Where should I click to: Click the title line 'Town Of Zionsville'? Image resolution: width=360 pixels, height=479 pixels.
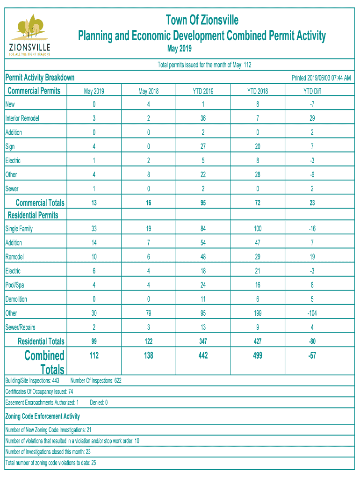pyautogui.click(x=202, y=20)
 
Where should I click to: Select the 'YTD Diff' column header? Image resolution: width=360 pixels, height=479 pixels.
pyautogui.click(x=312, y=91)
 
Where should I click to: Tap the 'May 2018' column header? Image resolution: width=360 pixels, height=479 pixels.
pyautogui.click(x=149, y=91)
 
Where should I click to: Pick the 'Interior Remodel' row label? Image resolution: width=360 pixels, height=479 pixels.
pyautogui.click(x=22, y=118)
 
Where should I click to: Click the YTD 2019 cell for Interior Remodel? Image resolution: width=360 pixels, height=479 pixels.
pyautogui.click(x=203, y=118)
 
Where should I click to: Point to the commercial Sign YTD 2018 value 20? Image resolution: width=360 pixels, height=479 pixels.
pyautogui.click(x=257, y=146)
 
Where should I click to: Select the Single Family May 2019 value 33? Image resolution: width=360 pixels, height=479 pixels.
pyautogui.click(x=94, y=229)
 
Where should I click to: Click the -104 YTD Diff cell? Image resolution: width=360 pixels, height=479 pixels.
pyautogui.click(x=312, y=313)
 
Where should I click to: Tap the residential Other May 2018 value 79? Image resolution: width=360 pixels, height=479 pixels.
pyautogui.click(x=149, y=313)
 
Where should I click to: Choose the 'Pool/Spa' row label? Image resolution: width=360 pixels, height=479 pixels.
pyautogui.click(x=15, y=285)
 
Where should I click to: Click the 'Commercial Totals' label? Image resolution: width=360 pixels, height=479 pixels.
pyautogui.click(x=40, y=203)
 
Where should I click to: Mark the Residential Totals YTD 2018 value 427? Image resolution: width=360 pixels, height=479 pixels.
pyautogui.click(x=257, y=341)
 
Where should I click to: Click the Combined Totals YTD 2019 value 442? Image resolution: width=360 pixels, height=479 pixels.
pyautogui.click(x=203, y=356)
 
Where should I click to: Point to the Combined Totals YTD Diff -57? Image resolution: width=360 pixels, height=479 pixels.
pyautogui.click(x=312, y=356)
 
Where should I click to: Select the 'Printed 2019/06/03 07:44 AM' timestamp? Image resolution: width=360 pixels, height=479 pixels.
pyautogui.click(x=321, y=78)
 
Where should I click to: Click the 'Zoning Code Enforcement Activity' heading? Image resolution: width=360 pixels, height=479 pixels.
pyautogui.click(x=42, y=416)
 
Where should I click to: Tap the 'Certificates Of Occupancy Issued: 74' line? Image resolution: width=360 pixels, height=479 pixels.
pyautogui.click(x=39, y=392)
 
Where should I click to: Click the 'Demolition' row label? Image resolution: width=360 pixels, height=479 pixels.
pyautogui.click(x=16, y=299)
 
